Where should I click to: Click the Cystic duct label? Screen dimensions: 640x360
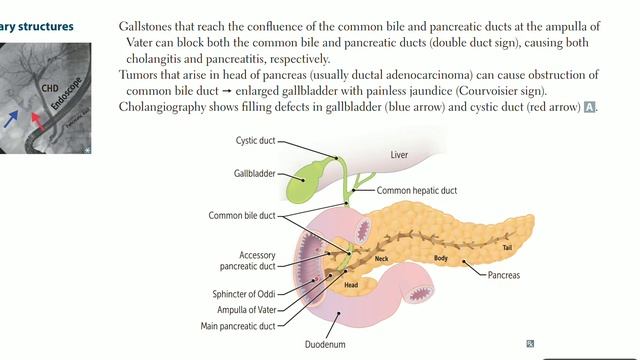[x=255, y=141]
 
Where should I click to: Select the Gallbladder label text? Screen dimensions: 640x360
[x=243, y=173]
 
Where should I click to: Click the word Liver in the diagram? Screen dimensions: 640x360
[x=400, y=154]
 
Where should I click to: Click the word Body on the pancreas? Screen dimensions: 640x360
[x=440, y=258]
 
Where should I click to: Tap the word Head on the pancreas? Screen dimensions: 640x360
[x=351, y=284]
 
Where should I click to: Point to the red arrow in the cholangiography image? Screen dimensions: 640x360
[x=36, y=121]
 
